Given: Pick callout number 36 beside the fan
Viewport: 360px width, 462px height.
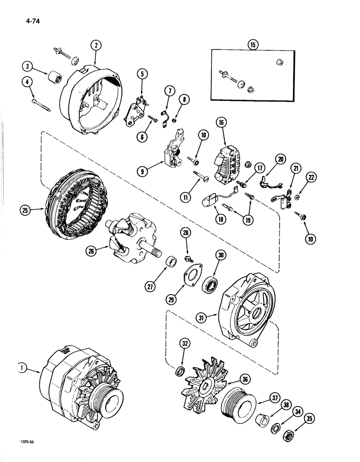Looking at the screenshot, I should point(245,380).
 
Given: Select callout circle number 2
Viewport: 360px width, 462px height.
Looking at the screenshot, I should point(96,45).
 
